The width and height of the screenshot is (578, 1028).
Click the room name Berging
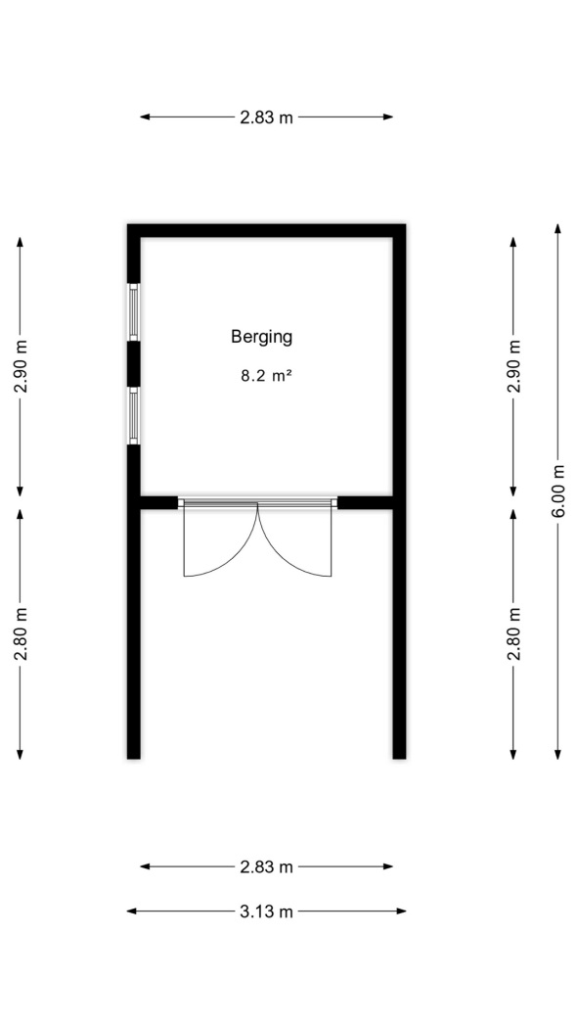261,338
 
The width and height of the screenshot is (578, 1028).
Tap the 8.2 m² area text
266,376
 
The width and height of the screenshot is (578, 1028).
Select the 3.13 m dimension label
266,911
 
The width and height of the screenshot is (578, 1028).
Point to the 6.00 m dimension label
557,491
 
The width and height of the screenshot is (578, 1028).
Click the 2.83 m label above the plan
266,117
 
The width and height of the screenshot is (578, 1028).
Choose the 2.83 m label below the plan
266,867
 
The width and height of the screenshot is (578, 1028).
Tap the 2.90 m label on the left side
21,366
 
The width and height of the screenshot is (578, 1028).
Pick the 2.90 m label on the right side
513,366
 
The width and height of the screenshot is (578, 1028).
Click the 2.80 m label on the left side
21,634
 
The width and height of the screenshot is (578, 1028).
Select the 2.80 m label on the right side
513,634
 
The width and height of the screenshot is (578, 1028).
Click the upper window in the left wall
134,312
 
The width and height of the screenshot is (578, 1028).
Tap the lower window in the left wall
134,415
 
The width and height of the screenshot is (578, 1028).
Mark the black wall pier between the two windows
134,364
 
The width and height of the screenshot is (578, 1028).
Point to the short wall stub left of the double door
159,503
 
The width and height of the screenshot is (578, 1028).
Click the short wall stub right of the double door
365,503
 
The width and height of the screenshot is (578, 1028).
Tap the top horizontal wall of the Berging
266,231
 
